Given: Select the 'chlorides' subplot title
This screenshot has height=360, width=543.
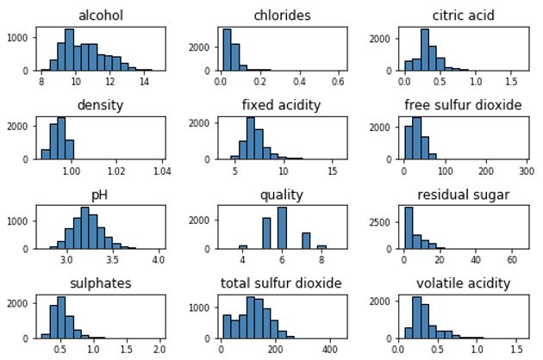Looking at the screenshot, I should click(282, 16).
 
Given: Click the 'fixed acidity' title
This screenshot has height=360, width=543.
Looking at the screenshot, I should click(282, 105).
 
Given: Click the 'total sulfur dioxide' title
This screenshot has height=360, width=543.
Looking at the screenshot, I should click(282, 283).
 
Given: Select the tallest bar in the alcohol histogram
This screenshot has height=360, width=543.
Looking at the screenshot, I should click(69, 50).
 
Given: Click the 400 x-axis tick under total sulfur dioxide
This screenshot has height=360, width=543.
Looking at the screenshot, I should click(330, 350).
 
